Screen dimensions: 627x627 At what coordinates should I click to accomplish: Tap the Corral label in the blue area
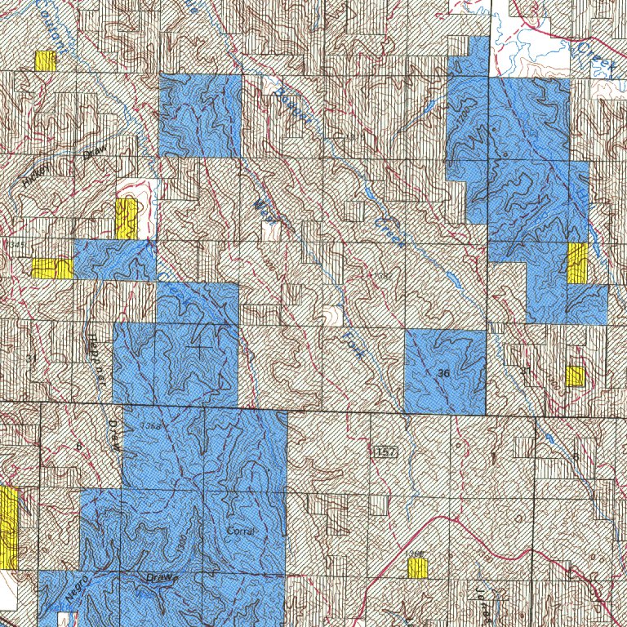(x=242, y=531)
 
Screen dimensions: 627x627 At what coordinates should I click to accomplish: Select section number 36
(x=443, y=373)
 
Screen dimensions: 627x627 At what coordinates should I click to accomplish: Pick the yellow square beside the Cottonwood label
(x=46, y=61)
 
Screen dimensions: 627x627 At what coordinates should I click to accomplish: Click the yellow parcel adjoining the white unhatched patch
(x=126, y=218)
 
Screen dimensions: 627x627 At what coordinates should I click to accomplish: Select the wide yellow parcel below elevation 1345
(x=51, y=268)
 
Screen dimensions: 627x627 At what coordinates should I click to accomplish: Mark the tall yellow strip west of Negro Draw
(x=9, y=528)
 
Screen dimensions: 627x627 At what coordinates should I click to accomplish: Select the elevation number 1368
(x=149, y=425)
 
